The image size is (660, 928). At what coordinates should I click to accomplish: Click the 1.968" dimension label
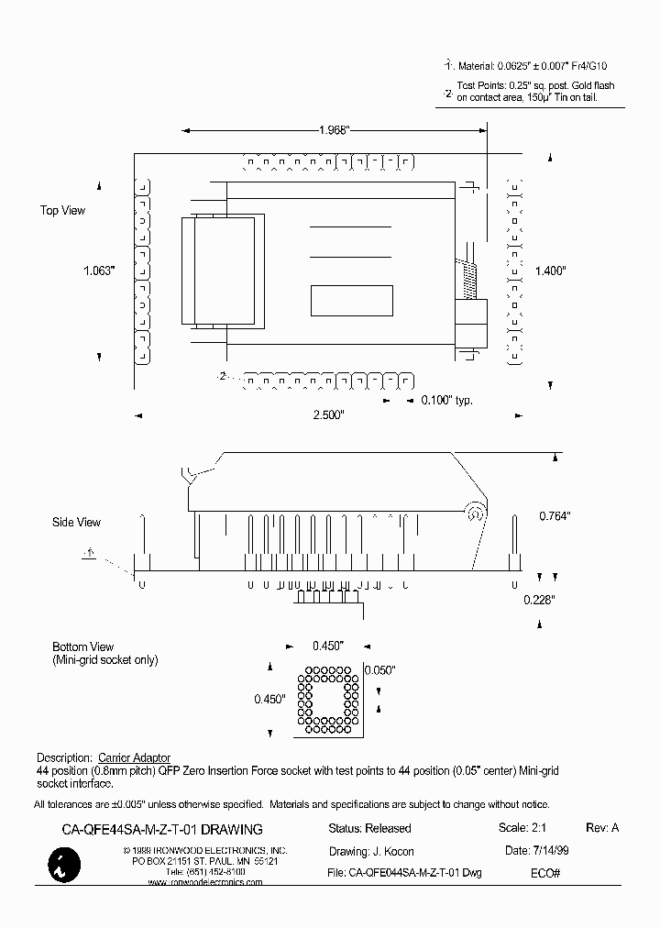(x=335, y=130)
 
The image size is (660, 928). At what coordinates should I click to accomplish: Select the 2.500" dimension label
(x=327, y=415)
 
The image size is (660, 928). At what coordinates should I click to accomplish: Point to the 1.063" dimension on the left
(x=98, y=271)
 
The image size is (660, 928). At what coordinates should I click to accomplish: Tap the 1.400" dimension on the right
(x=552, y=271)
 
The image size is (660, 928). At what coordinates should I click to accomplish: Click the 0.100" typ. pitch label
(x=447, y=401)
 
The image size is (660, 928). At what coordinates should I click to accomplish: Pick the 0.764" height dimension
(x=555, y=516)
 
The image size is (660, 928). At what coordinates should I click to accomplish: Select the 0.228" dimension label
(x=540, y=600)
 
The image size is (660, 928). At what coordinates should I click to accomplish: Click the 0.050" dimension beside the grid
(x=380, y=670)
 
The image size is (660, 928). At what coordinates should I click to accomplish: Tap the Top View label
(x=62, y=211)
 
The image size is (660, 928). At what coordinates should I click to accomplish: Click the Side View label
(x=76, y=523)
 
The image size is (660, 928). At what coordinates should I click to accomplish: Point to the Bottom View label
(x=82, y=646)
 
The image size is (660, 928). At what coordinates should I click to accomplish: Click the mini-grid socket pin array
(x=327, y=699)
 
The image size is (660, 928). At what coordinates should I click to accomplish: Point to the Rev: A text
(x=602, y=828)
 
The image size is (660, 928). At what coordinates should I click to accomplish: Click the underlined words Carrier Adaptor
(x=134, y=758)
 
